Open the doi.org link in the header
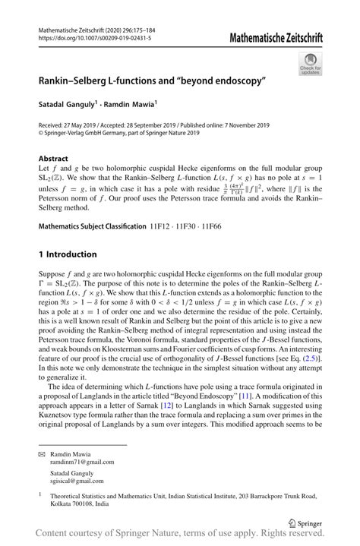click(x=95, y=37)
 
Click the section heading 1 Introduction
click(x=68, y=254)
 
